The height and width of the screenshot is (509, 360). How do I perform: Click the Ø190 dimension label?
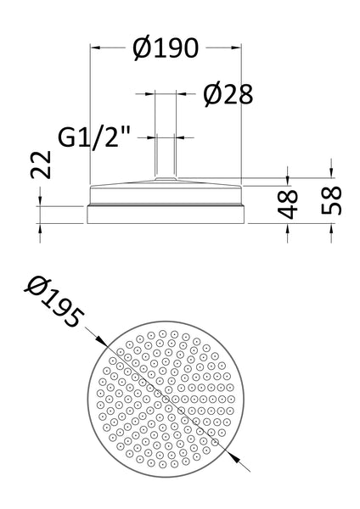click(166, 48)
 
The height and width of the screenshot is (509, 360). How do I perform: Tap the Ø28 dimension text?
click(228, 94)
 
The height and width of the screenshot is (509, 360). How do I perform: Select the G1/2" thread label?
click(94, 137)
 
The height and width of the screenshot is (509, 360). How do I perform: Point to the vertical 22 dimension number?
click(42, 165)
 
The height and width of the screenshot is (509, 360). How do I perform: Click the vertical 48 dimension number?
click(288, 204)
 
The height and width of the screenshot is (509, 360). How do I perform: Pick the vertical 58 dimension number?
click(331, 201)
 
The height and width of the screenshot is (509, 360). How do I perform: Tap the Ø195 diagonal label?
click(54, 301)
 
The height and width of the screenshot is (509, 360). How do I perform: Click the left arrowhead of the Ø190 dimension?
click(94, 48)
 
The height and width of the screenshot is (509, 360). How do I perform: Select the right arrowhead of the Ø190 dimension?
click(236, 48)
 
